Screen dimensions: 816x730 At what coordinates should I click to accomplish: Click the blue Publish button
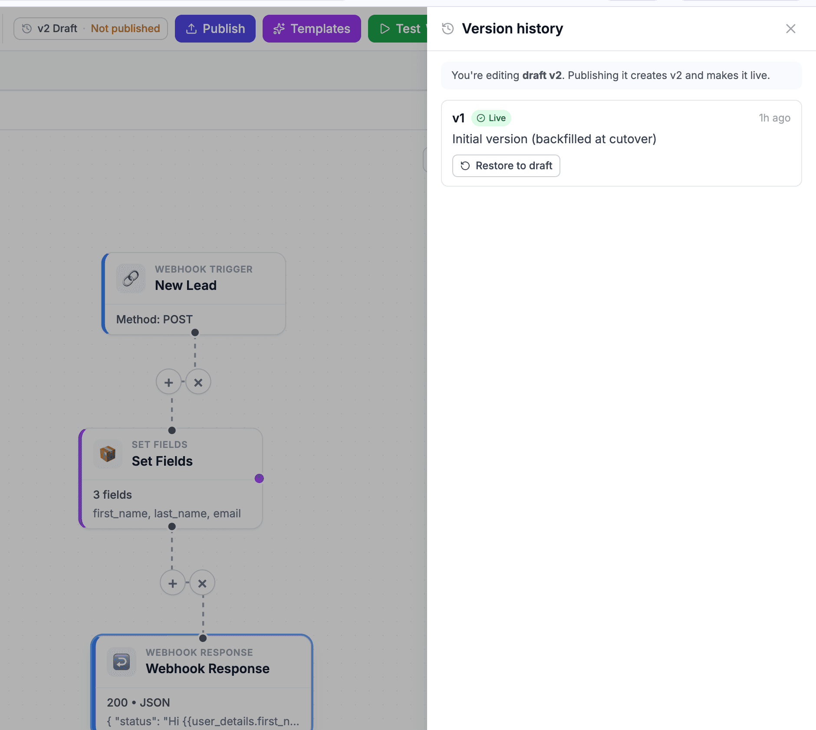pos(215,29)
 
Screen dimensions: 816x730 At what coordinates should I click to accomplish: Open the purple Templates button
pos(312,29)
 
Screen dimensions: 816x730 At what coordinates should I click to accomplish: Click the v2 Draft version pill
pos(91,29)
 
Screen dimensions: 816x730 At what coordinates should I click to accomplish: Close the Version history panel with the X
pos(790,29)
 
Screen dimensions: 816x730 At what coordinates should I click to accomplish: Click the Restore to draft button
pos(506,166)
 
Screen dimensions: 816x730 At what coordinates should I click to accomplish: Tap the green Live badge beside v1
pos(491,118)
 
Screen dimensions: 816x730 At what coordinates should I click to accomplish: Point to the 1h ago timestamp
pos(774,118)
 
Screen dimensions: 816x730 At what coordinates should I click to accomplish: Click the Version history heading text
pos(512,29)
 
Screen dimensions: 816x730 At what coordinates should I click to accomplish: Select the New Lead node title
pos(186,285)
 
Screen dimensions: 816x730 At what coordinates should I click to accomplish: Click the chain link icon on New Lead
pos(131,278)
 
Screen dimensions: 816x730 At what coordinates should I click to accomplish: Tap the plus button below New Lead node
pos(168,382)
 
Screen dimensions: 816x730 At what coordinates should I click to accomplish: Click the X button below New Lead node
pos(198,382)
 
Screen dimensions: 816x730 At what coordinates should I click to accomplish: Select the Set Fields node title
pos(162,461)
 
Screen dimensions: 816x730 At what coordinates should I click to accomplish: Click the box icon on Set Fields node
pos(108,454)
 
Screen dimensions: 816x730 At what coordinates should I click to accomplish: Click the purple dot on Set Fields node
pos(259,478)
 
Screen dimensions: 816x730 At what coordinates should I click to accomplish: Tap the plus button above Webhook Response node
pos(173,583)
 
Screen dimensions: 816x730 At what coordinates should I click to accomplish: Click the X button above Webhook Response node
pos(202,583)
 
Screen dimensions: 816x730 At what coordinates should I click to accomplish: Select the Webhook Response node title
pos(207,669)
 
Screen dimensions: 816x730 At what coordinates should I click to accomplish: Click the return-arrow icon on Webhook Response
pos(122,662)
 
